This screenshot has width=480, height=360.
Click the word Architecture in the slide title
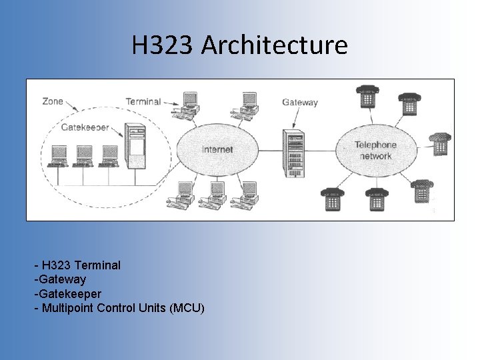[274, 45]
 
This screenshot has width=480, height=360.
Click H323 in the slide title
[163, 45]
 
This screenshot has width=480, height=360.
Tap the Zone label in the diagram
[53, 101]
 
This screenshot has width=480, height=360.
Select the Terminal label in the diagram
[143, 101]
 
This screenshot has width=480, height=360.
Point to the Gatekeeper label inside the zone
[85, 127]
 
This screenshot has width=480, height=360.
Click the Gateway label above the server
[300, 103]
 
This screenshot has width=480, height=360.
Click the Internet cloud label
[217, 149]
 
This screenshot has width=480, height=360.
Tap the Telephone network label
[375, 150]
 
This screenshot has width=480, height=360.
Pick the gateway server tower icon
[294, 153]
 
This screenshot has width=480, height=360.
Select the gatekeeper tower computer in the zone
[137, 147]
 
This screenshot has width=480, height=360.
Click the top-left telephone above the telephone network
[366, 97]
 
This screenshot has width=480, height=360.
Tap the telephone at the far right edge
[440, 143]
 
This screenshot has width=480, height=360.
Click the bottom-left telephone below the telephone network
[331, 198]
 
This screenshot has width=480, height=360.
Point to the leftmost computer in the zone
[59, 155]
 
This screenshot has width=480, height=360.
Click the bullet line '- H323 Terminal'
[77, 265]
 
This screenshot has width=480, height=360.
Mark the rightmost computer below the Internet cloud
[248, 193]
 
